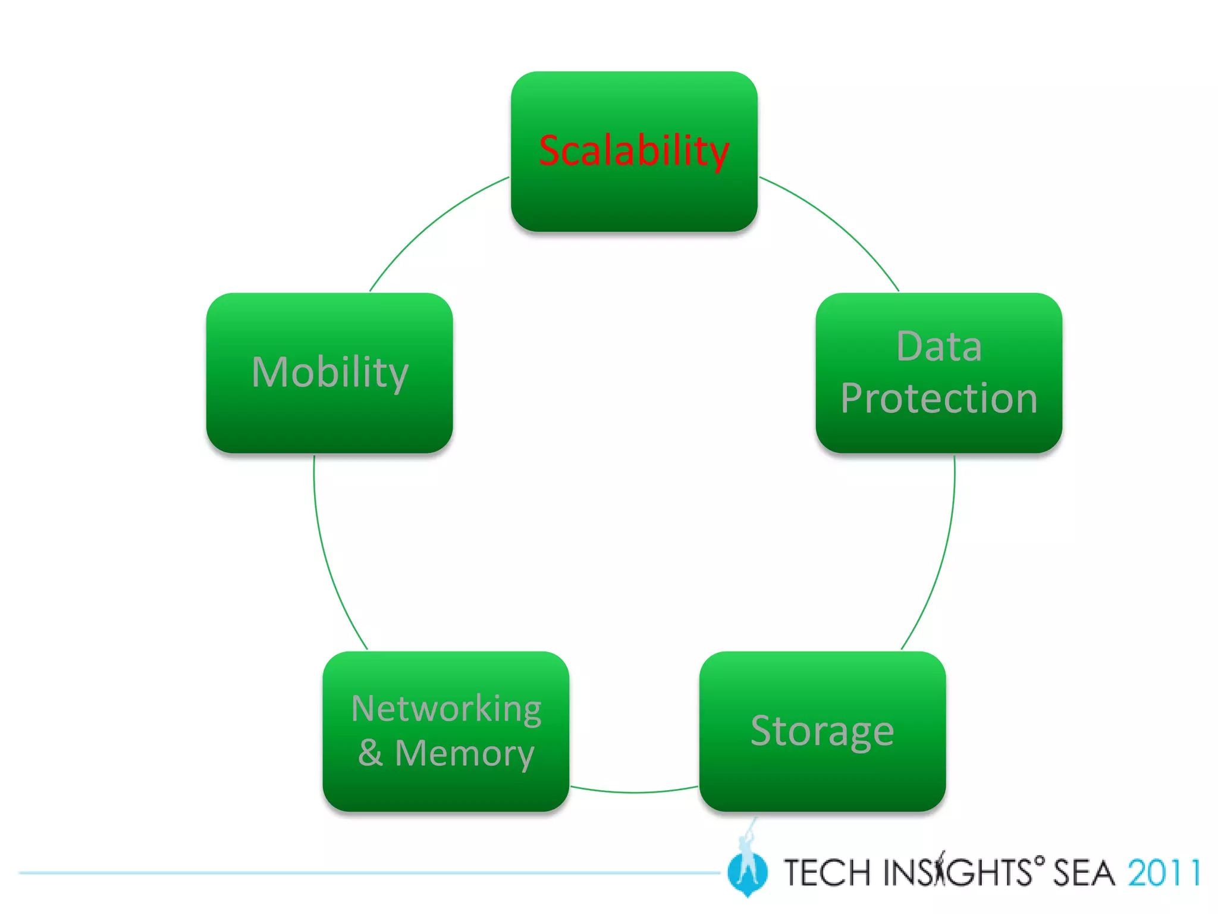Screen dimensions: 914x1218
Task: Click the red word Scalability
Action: [x=633, y=150]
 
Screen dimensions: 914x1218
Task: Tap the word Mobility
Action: [x=330, y=373]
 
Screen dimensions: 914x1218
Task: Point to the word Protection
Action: [x=938, y=398]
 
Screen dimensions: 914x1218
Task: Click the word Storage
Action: [x=822, y=731]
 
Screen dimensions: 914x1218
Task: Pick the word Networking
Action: [x=446, y=708]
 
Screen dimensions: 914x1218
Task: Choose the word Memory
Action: [x=464, y=753]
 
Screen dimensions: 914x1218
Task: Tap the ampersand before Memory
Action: [x=370, y=753]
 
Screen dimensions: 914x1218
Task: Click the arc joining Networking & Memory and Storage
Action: [x=634, y=792]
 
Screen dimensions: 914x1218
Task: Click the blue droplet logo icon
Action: [x=747, y=872]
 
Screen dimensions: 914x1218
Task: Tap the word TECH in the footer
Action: [x=827, y=873]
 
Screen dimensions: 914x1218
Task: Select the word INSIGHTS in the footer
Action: [x=958, y=873]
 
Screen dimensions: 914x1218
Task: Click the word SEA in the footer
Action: [x=1084, y=873]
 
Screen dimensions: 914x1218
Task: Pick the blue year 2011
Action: [x=1164, y=873]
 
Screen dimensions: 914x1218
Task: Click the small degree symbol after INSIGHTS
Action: [x=1039, y=860]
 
